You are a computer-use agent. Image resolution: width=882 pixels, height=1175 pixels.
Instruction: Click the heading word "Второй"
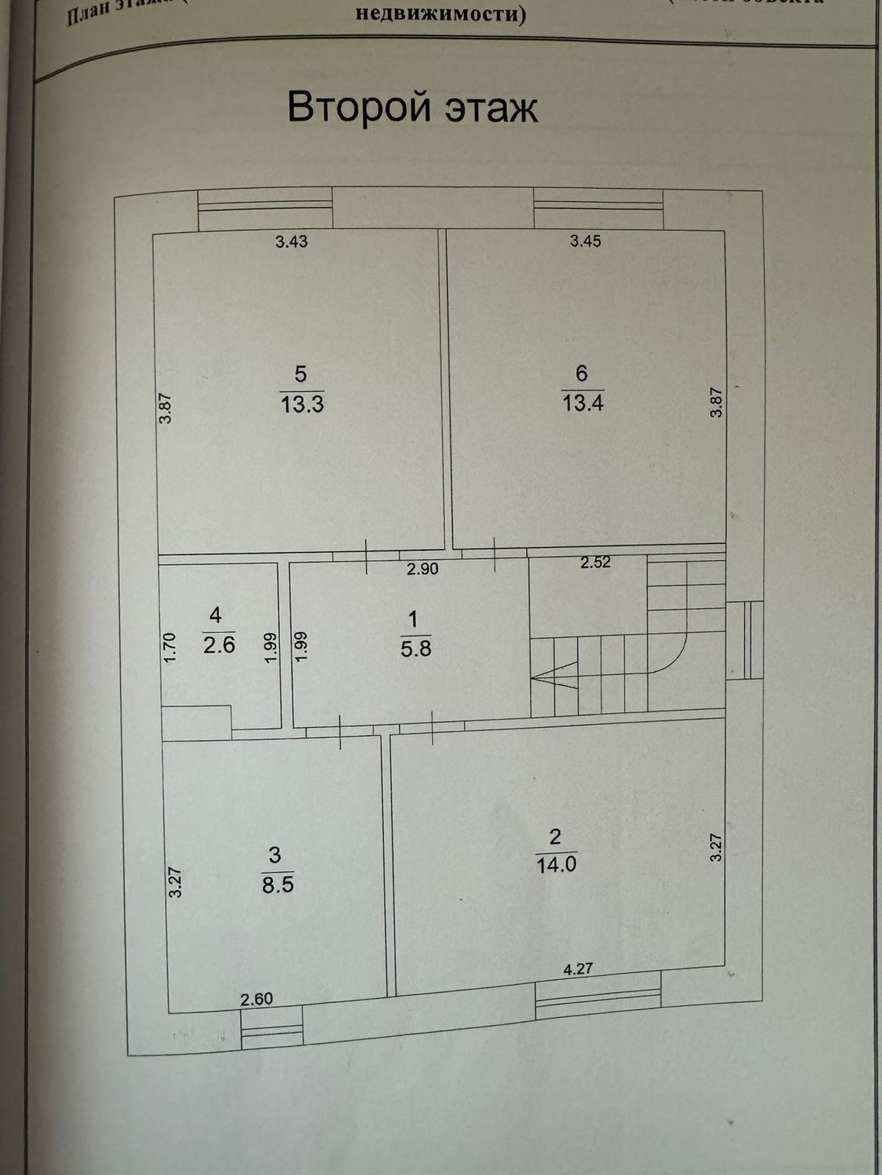(x=358, y=107)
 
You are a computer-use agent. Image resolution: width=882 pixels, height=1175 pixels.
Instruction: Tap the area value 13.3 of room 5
(x=302, y=404)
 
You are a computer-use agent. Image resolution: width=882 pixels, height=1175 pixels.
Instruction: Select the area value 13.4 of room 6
(x=583, y=403)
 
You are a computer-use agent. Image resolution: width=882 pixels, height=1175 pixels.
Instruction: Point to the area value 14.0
(x=556, y=864)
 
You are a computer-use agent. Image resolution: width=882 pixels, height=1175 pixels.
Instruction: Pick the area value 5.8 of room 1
(x=415, y=648)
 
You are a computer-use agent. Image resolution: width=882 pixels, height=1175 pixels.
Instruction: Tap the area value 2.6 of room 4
(x=218, y=646)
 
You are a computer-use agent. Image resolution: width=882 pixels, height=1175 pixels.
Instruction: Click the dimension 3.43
(x=291, y=242)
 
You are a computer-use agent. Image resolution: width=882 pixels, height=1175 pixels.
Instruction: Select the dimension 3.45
(x=586, y=241)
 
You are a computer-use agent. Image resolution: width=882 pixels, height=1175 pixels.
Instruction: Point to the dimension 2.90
(x=423, y=568)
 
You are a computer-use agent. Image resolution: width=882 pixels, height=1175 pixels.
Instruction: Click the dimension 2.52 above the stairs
(x=595, y=563)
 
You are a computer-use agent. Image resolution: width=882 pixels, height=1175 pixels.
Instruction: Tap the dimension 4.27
(x=578, y=969)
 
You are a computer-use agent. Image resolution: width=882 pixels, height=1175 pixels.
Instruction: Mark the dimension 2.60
(x=257, y=999)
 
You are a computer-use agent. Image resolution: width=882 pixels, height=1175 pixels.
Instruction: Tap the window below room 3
(x=272, y=1027)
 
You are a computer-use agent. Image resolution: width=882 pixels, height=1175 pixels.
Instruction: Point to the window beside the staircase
(x=745, y=640)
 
